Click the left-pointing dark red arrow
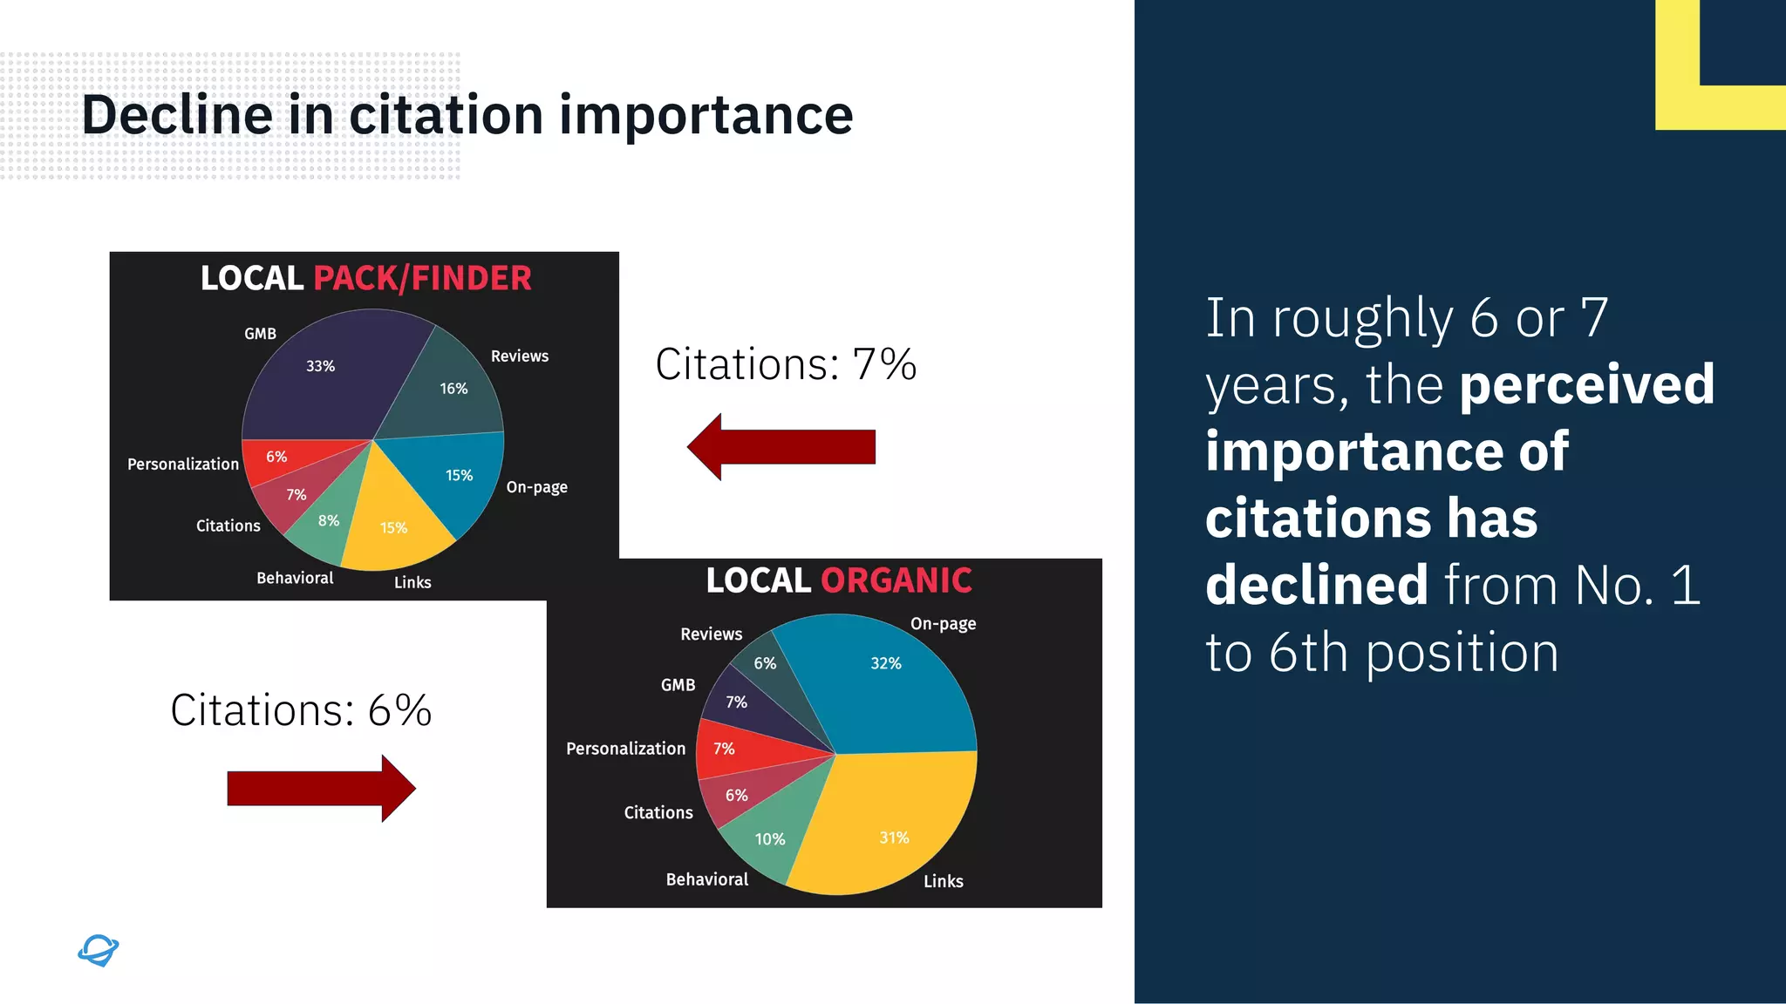(781, 447)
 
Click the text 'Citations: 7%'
(785, 364)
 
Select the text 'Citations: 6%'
(301, 710)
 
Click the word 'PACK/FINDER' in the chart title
(422, 279)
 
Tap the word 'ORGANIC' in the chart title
(896, 580)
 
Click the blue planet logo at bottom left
(98, 950)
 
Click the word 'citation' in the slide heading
(446, 115)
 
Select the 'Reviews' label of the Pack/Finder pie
(519, 356)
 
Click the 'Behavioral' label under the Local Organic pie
(706, 879)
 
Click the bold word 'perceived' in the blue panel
(1586, 385)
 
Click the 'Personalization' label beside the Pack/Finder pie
(182, 465)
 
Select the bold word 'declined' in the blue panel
(1316, 585)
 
